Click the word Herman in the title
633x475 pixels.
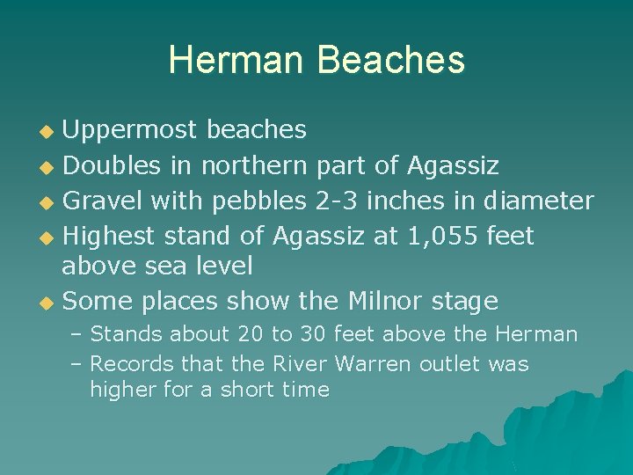pyautogui.click(x=236, y=60)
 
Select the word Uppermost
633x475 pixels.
pyautogui.click(x=132, y=130)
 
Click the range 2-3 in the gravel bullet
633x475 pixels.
pyautogui.click(x=337, y=201)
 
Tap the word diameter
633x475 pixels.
pyautogui.click(x=539, y=201)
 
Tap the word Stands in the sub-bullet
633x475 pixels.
pyautogui.click(x=126, y=334)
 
